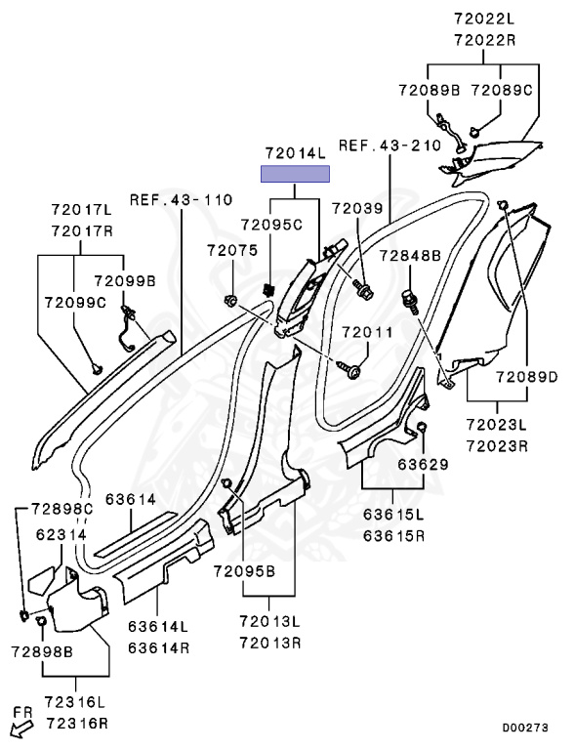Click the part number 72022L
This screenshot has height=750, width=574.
(x=484, y=20)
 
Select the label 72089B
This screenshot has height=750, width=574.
(x=430, y=90)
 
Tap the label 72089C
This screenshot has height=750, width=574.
(x=502, y=90)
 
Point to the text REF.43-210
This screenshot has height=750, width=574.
(x=389, y=145)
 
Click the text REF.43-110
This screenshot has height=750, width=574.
(x=182, y=199)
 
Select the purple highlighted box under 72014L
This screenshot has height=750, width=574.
(x=295, y=174)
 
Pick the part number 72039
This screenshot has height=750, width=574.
(x=358, y=208)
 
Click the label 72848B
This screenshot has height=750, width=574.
(x=410, y=256)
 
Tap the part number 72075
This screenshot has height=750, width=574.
(x=232, y=250)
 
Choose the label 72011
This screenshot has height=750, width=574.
(x=367, y=332)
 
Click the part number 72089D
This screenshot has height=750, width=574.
(x=526, y=377)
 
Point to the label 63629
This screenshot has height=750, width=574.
(x=424, y=465)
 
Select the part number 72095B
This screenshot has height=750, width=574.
(x=244, y=570)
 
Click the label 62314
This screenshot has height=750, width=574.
(x=61, y=534)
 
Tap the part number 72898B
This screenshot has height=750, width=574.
(x=42, y=651)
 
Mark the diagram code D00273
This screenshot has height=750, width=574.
(x=525, y=728)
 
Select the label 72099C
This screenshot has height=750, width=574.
(x=75, y=303)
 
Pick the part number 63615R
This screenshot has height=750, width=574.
(x=393, y=535)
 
